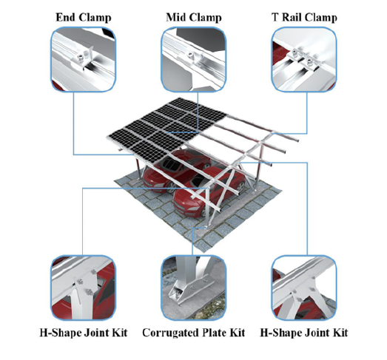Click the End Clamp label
[x=84, y=18]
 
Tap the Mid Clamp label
[x=194, y=18]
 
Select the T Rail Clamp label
[x=304, y=18]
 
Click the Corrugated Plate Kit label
[x=194, y=333]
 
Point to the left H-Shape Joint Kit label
[x=84, y=333]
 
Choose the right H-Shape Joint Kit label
[x=304, y=333]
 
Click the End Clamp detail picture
[x=84, y=59]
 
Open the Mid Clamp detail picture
[x=194, y=59]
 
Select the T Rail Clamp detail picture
[x=304, y=59]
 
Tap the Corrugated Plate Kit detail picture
[x=194, y=288]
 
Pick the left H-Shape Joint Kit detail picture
[x=84, y=288]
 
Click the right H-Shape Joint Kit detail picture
[x=304, y=288]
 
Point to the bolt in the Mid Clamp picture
[x=190, y=55]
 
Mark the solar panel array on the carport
[x=166, y=130]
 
